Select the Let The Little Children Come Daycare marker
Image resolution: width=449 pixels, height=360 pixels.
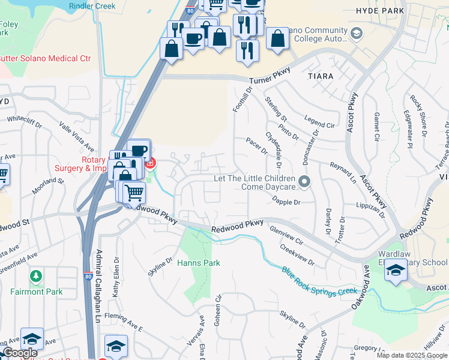coord(304,181)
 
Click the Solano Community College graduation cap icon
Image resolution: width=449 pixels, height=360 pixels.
coord(357,32)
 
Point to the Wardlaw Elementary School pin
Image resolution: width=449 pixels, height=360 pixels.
coord(396,271)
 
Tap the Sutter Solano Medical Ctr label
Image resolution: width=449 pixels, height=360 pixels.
coord(45,58)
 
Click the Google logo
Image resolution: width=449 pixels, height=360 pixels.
coord(20,353)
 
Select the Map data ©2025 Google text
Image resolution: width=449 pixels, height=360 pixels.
coord(411,355)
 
